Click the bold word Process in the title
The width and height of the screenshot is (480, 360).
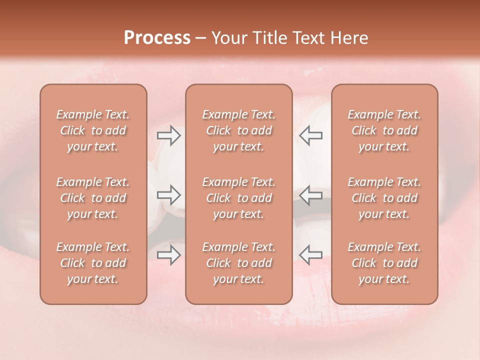click(x=157, y=38)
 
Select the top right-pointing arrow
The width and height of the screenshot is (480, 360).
click(x=168, y=135)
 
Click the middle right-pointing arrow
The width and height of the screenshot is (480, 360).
click(x=168, y=195)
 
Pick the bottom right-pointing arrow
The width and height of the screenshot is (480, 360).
click(x=168, y=255)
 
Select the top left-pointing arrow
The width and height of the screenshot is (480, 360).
click(x=311, y=135)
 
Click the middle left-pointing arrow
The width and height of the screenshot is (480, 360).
click(x=311, y=195)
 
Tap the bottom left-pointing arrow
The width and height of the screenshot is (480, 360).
click(x=311, y=255)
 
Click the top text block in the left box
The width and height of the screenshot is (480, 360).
click(x=93, y=130)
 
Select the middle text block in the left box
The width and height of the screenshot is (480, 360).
click(x=93, y=198)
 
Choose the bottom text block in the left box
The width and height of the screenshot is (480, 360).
click(x=93, y=263)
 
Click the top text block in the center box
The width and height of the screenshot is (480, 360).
click(x=239, y=130)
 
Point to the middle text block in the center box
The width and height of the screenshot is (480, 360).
click(x=239, y=198)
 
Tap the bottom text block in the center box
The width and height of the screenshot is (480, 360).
click(x=239, y=263)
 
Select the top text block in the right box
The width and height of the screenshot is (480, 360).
click(x=384, y=130)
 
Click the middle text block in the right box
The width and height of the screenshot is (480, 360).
click(x=384, y=198)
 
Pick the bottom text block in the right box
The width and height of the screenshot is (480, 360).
click(x=384, y=263)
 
